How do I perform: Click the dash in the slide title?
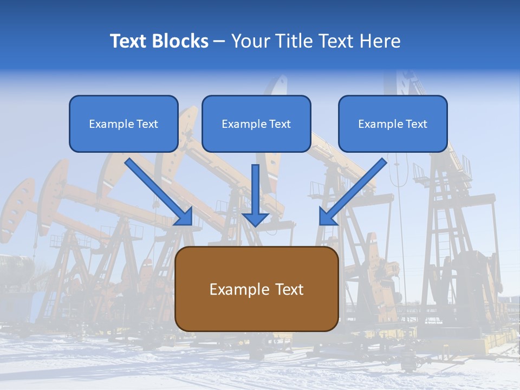pyautogui.click(x=219, y=41)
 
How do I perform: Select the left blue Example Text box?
pyautogui.click(x=123, y=123)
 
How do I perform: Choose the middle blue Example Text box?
pyautogui.click(x=256, y=123)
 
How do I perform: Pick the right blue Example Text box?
pyautogui.click(x=393, y=123)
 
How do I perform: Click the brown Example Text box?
pyautogui.click(x=257, y=289)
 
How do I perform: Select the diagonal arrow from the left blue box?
pyautogui.click(x=157, y=190)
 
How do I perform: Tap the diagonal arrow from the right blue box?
pyautogui.click(x=355, y=190)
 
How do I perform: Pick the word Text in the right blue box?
pyautogui.click(x=416, y=124)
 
